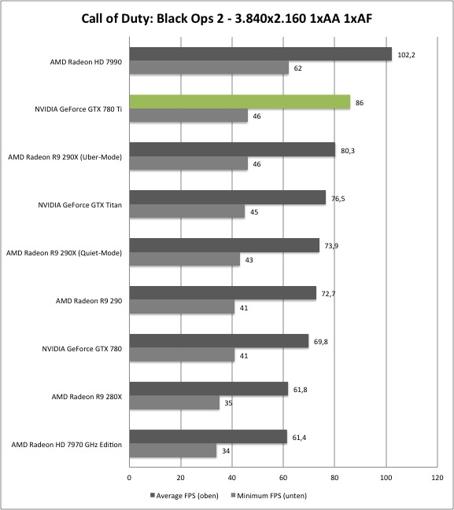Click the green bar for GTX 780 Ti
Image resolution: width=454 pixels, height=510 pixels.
tap(240, 102)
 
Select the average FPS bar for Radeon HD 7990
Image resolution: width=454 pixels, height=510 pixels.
tap(260, 54)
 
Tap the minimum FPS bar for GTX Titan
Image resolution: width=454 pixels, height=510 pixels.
tap(187, 211)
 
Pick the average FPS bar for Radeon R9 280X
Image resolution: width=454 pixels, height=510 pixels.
tap(209, 389)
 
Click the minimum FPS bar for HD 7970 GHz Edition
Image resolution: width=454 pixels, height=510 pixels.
tap(173, 450)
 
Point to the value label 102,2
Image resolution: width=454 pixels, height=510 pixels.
tap(406, 55)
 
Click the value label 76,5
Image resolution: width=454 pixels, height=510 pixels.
tap(338, 199)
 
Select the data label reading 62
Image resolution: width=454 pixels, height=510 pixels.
tap(297, 68)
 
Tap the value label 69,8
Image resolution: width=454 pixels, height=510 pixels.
tap(321, 342)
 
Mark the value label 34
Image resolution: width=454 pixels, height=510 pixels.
tap(226, 451)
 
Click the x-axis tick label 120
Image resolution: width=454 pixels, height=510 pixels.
tap(437, 478)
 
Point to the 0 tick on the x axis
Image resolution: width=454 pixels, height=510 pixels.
tap(129, 478)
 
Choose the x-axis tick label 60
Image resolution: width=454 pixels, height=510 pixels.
tap(283, 478)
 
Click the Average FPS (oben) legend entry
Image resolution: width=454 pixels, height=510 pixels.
tap(184, 496)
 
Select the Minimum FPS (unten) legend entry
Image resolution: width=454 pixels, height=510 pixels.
tap(268, 496)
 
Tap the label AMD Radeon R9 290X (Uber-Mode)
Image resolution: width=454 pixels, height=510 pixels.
tap(65, 157)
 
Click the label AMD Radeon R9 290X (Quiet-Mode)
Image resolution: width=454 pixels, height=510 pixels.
tap(64, 253)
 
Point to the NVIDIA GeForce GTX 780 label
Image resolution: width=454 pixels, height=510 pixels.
tap(82, 349)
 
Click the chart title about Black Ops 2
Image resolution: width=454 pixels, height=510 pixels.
tap(227, 19)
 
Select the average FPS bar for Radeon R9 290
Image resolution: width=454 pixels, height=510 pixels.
tap(223, 293)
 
